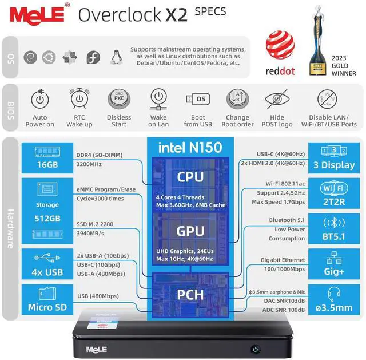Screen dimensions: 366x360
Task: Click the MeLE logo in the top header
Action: pos(35,14)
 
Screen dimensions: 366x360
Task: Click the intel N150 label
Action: pos(190,148)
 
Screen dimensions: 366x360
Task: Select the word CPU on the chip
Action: pos(190,176)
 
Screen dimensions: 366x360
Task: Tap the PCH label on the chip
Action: pos(190,295)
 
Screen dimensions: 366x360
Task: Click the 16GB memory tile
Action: pos(47,157)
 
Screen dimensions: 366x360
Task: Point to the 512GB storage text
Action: pos(47,219)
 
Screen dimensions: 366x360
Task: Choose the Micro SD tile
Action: pos(47,299)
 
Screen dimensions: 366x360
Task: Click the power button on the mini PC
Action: pos(255,349)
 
